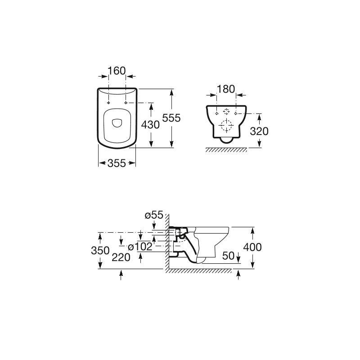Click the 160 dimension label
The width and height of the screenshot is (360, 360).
(117, 71)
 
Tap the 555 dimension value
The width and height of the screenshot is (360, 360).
(171, 118)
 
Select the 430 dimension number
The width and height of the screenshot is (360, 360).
(150, 125)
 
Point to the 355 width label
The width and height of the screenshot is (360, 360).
(117, 163)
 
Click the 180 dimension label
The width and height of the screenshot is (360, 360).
(226, 89)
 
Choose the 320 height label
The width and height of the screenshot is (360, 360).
(259, 131)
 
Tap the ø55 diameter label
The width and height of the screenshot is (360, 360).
(154, 215)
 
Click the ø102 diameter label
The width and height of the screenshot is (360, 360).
(140, 247)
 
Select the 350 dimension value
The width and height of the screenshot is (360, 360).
(100, 251)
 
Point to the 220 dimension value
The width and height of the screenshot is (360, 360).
(121, 257)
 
